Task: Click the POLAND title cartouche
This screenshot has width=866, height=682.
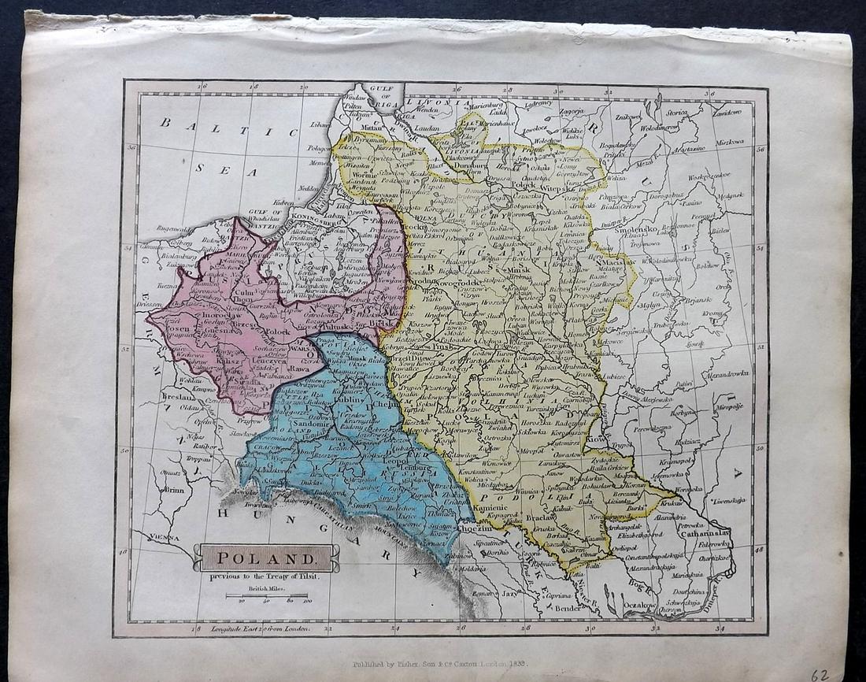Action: click(266, 558)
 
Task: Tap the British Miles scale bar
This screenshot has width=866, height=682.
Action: click(267, 595)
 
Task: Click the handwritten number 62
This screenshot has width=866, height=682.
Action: click(820, 674)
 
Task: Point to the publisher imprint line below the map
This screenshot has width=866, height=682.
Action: click(439, 664)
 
